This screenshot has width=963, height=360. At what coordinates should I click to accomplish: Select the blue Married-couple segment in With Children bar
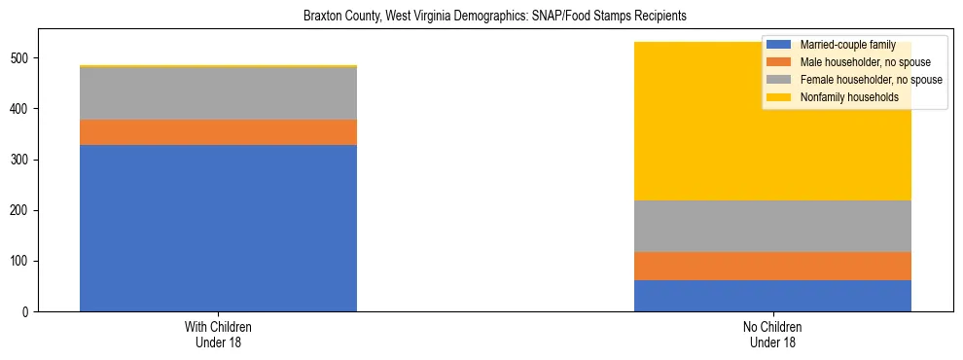click(218, 228)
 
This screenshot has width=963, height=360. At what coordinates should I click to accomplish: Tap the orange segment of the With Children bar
click(218, 132)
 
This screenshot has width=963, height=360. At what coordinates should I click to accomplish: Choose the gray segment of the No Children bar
click(772, 226)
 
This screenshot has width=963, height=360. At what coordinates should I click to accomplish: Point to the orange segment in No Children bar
click(772, 266)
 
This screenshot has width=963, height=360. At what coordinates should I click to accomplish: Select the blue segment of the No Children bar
click(772, 296)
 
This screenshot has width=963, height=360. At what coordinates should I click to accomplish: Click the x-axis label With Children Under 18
click(218, 335)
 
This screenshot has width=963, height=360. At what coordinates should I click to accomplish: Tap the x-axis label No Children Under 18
click(772, 335)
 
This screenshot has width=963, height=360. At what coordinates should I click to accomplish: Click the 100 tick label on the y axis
click(22, 262)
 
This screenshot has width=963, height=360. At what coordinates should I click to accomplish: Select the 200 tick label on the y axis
click(22, 211)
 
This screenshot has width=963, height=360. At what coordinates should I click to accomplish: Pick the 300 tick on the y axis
click(22, 160)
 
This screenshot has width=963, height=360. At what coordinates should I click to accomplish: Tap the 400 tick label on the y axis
click(22, 109)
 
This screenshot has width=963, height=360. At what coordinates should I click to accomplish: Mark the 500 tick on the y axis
click(22, 58)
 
